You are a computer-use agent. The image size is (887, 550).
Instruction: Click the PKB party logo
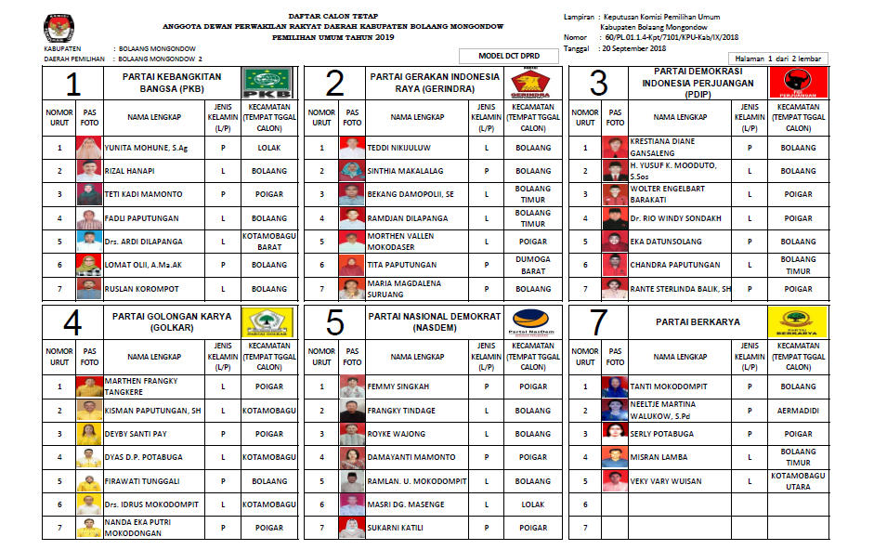[x=267, y=83]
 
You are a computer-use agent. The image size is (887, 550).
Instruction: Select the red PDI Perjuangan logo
[x=800, y=83]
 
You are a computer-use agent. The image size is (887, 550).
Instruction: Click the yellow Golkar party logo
[x=267, y=322]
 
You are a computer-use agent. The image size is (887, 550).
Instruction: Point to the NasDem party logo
[x=533, y=322]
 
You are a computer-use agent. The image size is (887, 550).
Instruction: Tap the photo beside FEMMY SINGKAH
[x=351, y=386]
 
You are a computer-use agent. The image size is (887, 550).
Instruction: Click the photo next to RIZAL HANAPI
[x=89, y=171]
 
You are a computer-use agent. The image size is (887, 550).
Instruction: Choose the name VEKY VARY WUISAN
[x=664, y=481]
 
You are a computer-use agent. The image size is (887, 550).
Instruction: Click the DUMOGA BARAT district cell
[x=533, y=265]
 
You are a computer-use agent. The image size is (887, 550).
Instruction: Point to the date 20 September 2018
[x=634, y=47]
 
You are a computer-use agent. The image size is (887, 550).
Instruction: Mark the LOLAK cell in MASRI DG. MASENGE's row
[x=533, y=504]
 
